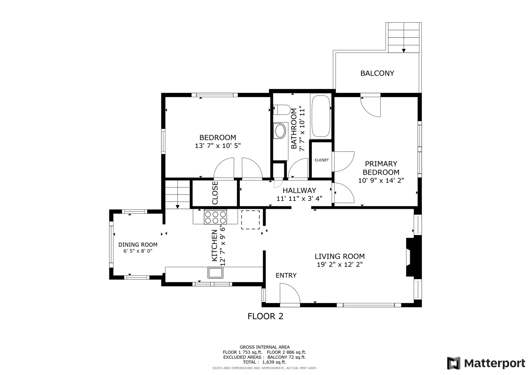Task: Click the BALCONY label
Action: click(x=377, y=73)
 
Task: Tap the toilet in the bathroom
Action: click(x=282, y=110)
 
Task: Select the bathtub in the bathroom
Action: click(x=321, y=116)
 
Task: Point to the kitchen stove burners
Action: click(x=215, y=218)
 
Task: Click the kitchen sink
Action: click(x=215, y=273)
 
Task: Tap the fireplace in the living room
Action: click(x=414, y=257)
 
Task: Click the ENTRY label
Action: click(x=286, y=275)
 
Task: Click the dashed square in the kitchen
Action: click(x=250, y=219)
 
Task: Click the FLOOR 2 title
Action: click(x=265, y=316)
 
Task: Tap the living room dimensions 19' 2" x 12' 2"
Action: click(x=340, y=264)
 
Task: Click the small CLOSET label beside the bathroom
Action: click(x=322, y=160)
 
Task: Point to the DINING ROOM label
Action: click(x=138, y=245)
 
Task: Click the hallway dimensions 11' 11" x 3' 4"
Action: click(x=299, y=199)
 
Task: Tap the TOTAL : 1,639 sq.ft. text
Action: click(x=265, y=362)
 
